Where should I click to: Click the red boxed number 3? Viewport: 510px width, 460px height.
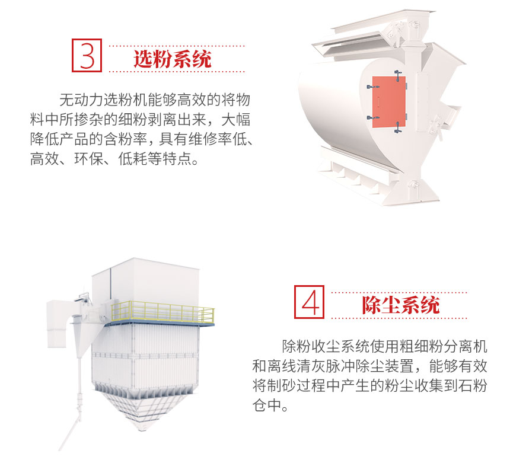click(x=87, y=55)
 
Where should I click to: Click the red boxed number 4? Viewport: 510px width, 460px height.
click(x=309, y=302)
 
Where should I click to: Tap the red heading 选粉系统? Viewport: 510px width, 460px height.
click(x=173, y=59)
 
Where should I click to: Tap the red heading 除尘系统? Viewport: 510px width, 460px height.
click(x=401, y=305)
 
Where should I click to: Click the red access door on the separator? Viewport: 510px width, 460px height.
click(x=388, y=102)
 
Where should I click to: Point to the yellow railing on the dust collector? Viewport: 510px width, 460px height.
click(x=162, y=311)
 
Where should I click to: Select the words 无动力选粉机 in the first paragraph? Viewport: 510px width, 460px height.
click(x=103, y=100)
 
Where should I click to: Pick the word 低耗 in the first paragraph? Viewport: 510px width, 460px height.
click(x=132, y=159)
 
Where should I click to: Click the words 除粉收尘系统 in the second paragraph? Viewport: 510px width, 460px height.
click(x=326, y=347)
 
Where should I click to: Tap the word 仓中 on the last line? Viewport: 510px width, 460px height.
click(x=267, y=405)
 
